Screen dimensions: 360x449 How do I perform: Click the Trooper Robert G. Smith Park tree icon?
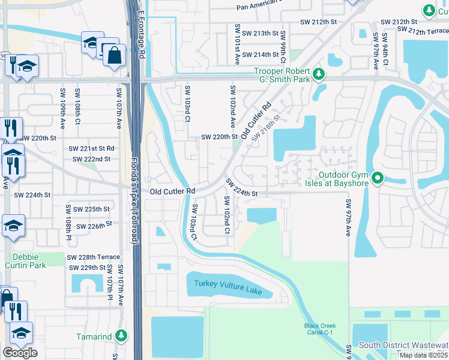pyautogui.click(x=319, y=74)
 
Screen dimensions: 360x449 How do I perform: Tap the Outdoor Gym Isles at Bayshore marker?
pyautogui.click(x=377, y=178)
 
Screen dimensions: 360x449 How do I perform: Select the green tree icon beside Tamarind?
pyautogui.click(x=122, y=335)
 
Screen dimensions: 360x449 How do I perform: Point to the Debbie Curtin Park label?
pyautogui.click(x=25, y=260)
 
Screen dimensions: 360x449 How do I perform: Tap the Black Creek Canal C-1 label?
pyautogui.click(x=319, y=329)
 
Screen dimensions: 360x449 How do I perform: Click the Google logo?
pyautogui.click(x=20, y=353)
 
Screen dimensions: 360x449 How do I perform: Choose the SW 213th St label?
pyautogui.click(x=261, y=33)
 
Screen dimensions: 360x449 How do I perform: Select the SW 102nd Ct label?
pyautogui.click(x=227, y=215)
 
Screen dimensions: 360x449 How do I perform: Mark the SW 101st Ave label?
pyautogui.click(x=237, y=44)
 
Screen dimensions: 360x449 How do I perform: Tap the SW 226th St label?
pyautogui.click(x=92, y=226)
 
